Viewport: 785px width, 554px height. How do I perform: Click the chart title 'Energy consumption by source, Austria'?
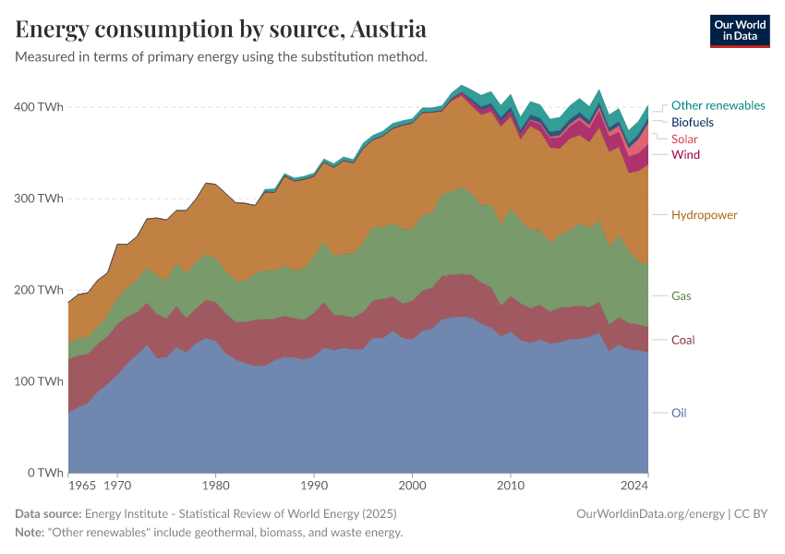point(221,29)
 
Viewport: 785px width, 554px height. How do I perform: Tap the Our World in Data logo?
point(739,30)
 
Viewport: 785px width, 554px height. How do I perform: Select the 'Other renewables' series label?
point(718,105)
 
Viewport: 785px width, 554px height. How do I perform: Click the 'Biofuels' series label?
point(692,122)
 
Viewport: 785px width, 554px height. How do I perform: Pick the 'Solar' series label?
point(684,138)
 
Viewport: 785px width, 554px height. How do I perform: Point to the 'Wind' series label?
point(685,154)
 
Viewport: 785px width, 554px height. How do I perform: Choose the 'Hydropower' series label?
point(705,215)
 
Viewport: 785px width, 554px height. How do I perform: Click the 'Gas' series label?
point(682,296)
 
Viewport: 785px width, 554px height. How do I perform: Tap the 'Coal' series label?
point(682,340)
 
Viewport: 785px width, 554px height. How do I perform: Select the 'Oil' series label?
point(679,413)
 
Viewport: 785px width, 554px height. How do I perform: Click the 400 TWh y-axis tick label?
point(39,107)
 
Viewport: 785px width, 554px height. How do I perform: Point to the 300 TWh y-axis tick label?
point(39,199)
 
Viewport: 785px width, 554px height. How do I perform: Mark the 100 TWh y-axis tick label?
point(39,381)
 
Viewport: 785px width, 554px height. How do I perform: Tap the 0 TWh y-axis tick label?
point(44,473)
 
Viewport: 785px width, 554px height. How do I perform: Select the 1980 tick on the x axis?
point(215,484)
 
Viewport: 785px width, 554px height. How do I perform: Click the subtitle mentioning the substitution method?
point(222,57)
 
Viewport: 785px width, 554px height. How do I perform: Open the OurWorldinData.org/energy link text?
point(649,513)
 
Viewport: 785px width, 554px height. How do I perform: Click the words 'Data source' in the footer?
point(48,513)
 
